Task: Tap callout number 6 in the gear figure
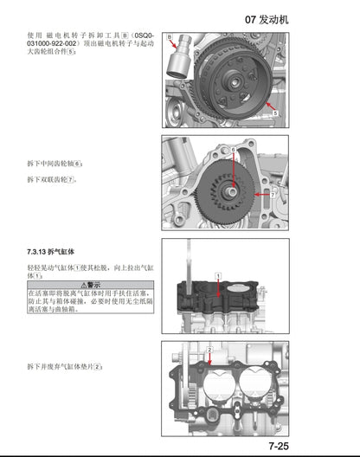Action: click(x=233, y=151)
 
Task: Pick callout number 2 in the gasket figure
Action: click(x=209, y=350)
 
